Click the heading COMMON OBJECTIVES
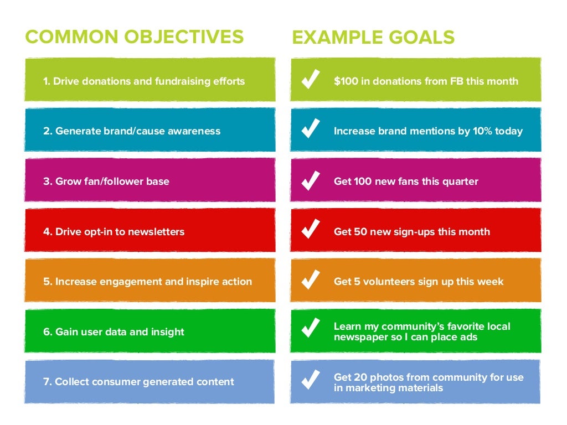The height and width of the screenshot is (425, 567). click(x=134, y=37)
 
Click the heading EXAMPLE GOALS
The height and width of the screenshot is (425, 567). click(x=373, y=37)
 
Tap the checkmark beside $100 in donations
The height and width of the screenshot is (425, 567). click(x=310, y=81)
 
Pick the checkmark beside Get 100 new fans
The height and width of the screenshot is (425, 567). click(x=310, y=181)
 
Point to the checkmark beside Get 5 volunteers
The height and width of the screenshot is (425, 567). click(x=310, y=281)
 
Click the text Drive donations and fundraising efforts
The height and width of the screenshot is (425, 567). click(x=149, y=81)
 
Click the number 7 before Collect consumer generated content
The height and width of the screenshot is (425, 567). click(x=47, y=382)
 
